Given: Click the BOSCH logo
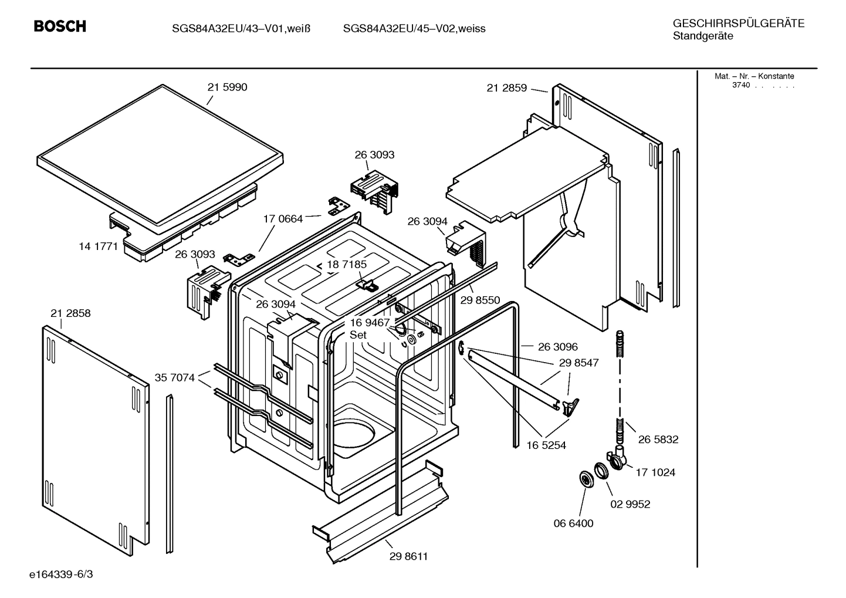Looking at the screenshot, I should pyautogui.click(x=60, y=26).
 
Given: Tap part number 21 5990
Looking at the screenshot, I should pyautogui.click(x=227, y=87).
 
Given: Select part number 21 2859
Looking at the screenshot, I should pyautogui.click(x=506, y=89).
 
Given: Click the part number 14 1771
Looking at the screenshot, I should pyautogui.click(x=99, y=246).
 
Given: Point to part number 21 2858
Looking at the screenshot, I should pyautogui.click(x=70, y=313).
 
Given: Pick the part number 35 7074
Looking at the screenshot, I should pyautogui.click(x=174, y=378).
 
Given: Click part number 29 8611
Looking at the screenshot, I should pyautogui.click(x=408, y=556).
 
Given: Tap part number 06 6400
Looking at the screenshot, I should pyautogui.click(x=573, y=523).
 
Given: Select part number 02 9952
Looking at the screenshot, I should pyautogui.click(x=630, y=504).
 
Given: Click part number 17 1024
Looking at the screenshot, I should pyautogui.click(x=655, y=472).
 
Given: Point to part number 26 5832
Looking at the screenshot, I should pyautogui.click(x=658, y=440).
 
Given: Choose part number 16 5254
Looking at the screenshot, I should pyautogui.click(x=546, y=445).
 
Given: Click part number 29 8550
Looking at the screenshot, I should pyautogui.click(x=480, y=300).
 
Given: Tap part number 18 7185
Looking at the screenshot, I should pyautogui.click(x=347, y=265).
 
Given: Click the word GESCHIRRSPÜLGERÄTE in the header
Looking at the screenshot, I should pyautogui.click(x=738, y=23).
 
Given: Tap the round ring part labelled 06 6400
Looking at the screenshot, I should pyautogui.click(x=585, y=479).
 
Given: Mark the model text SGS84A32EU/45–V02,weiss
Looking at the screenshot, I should pyautogui.click(x=414, y=29).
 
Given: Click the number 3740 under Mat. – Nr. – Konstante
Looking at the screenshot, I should pyautogui.click(x=740, y=85).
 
